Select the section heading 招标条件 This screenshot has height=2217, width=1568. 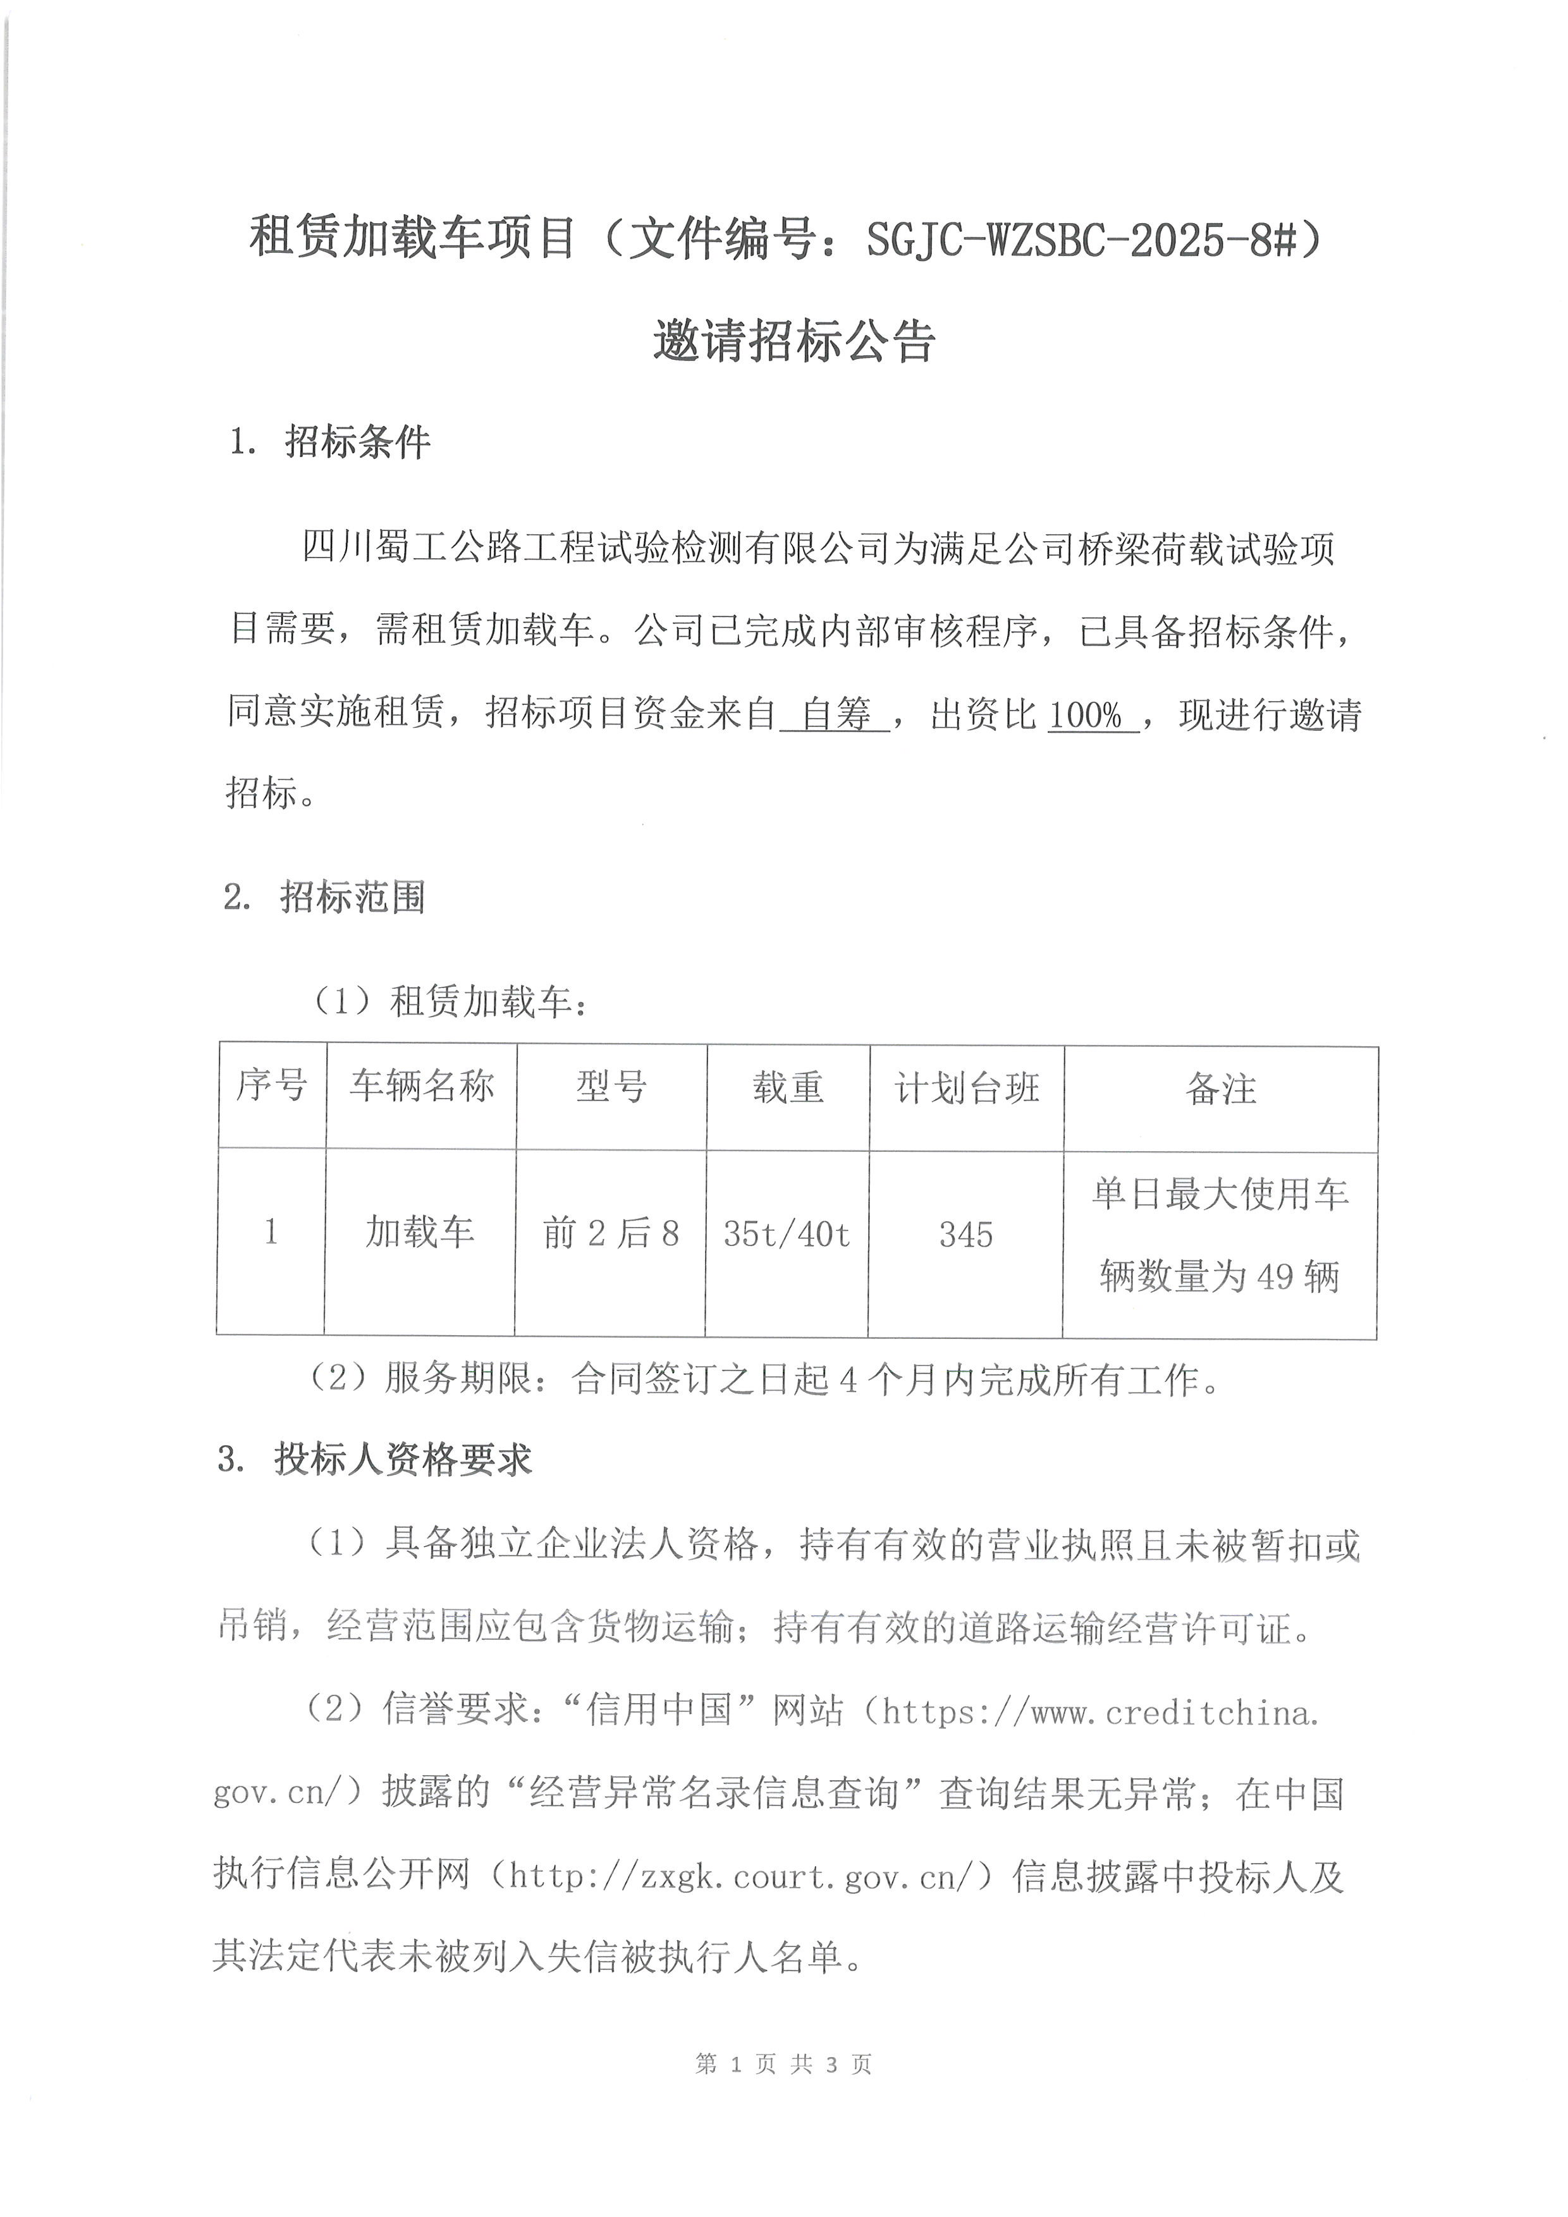pos(357,443)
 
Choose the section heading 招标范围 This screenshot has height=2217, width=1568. pos(352,898)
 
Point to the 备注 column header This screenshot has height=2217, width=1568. pos(1220,1090)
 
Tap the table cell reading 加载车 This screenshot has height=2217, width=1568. pos(419,1232)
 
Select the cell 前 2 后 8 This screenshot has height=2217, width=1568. pos(610,1234)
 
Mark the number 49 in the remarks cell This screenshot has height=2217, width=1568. pos(1275,1278)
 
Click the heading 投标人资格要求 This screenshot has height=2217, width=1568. pos(403,1460)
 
